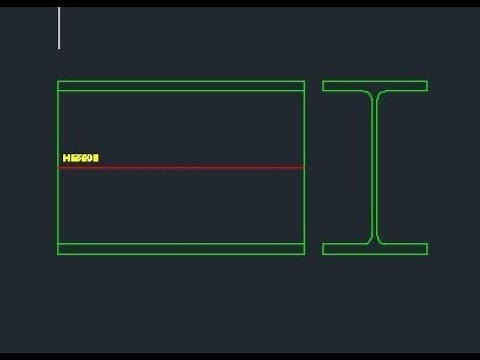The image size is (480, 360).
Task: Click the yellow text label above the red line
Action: (x=81, y=158)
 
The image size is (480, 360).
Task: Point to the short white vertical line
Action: (x=59, y=28)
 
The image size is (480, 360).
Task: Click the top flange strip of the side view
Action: (x=181, y=86)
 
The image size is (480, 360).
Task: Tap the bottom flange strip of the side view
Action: (x=181, y=248)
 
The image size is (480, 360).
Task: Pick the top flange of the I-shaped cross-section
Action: (x=375, y=86)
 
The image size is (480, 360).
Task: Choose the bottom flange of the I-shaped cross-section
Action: (x=375, y=248)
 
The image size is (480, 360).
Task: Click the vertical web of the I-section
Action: (x=375, y=167)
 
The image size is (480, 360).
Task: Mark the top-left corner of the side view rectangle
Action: (x=58, y=81)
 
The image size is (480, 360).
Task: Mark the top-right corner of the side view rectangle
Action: (x=304, y=81)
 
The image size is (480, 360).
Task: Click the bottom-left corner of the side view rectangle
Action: (x=58, y=254)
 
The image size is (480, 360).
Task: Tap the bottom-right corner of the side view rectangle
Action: (x=304, y=254)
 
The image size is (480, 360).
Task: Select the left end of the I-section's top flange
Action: (x=324, y=86)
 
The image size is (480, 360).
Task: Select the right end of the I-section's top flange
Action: (x=427, y=86)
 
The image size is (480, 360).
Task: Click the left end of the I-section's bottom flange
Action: (x=324, y=248)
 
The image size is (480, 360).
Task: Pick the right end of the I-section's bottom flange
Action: (x=427, y=248)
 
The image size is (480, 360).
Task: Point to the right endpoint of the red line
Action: (x=303, y=167)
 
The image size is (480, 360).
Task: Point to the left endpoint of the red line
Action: (x=59, y=167)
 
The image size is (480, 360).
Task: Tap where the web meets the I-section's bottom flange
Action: (x=375, y=242)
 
